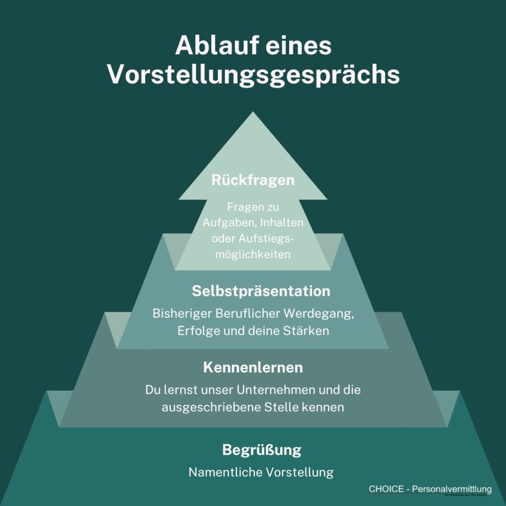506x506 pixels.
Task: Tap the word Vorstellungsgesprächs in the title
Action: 253,75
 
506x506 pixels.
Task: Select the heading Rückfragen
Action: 253,180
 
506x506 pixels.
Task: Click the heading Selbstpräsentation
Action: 261,291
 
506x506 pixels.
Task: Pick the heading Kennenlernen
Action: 253,368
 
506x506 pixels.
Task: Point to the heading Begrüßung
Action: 261,451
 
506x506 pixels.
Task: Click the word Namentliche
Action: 225,472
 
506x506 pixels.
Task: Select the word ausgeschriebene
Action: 204,408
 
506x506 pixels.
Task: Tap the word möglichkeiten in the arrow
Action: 253,254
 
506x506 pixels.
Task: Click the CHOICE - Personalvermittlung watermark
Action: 430,489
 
